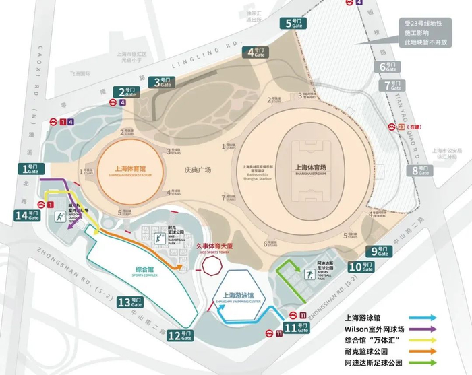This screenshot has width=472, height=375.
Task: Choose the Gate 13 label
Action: [130, 301]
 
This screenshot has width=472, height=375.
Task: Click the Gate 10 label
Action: [359, 266]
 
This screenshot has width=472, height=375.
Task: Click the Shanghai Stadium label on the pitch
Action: [315, 170]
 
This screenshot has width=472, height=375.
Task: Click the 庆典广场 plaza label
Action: [197, 170]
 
